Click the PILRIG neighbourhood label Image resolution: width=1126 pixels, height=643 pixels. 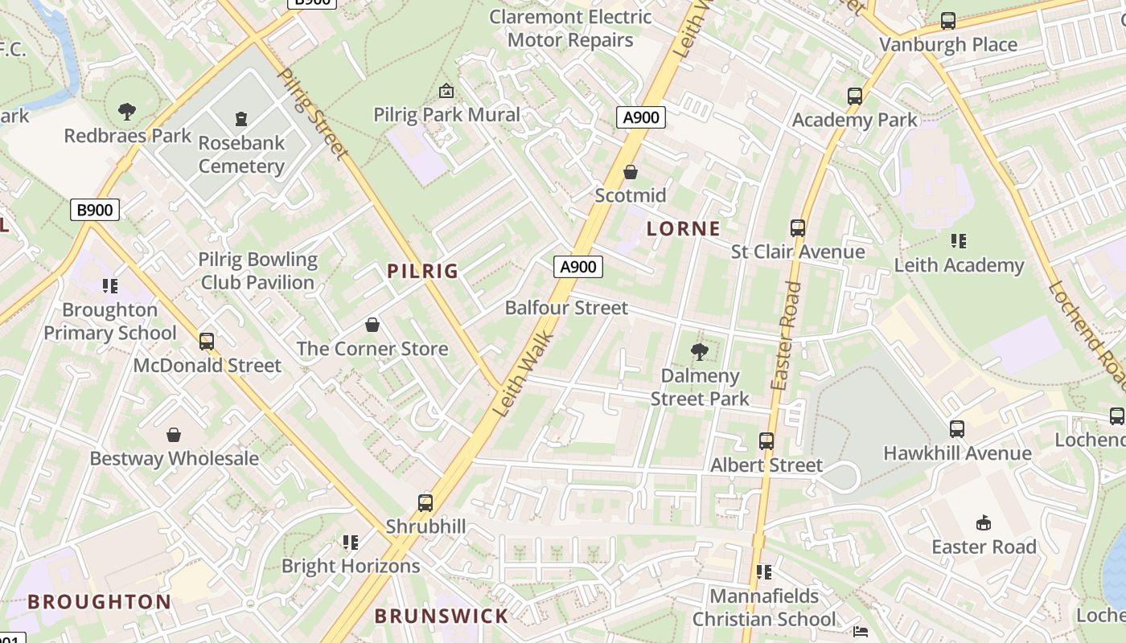pos(422,271)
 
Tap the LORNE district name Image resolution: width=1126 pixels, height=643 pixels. pos(684,228)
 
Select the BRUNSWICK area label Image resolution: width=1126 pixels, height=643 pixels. pos(442,616)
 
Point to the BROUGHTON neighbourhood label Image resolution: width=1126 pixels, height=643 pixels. pos(99,601)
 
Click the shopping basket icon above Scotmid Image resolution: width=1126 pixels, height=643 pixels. pos(631,172)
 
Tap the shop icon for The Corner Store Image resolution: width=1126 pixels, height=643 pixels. pos(372,325)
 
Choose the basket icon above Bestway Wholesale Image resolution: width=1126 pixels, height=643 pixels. pos(174,435)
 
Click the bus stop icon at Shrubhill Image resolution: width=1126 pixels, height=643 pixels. pos(425,503)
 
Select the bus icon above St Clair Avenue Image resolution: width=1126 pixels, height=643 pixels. pos(798,228)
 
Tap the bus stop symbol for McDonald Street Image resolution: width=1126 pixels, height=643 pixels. pos(207,342)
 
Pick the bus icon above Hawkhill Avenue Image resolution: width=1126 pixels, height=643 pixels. pos(957,429)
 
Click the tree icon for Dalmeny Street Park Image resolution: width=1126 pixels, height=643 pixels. pos(700,351)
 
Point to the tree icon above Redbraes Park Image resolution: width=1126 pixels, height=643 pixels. pos(126,112)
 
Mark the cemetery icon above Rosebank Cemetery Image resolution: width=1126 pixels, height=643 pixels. pos(241,120)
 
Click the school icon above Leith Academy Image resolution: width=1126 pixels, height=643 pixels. pos(958,241)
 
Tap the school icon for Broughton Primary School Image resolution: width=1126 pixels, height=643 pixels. pos(110,285)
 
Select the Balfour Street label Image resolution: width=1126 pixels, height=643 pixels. pos(566,308)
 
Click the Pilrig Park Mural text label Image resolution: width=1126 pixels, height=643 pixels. pos(446,115)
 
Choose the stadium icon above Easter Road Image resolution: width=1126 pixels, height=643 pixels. pos(983,523)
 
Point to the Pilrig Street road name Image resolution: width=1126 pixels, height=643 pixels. pos(313,113)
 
